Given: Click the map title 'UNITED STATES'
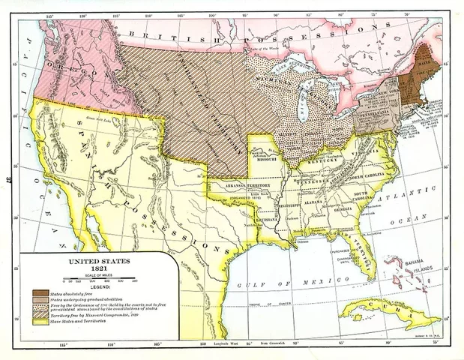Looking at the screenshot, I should coord(98,262).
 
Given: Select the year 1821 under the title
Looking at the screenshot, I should coord(98,269).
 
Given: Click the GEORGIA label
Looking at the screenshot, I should coord(347,209).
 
